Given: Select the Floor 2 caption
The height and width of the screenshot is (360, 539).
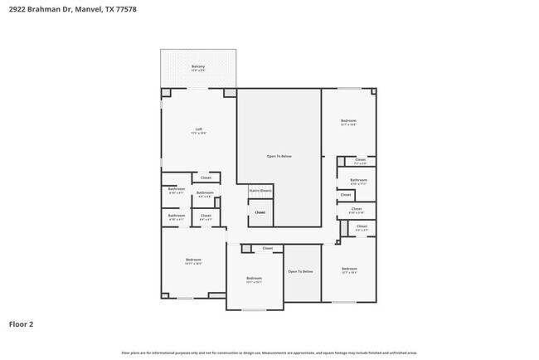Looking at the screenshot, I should tap(21, 324).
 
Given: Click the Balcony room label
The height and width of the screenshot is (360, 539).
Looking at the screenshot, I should tap(198, 66).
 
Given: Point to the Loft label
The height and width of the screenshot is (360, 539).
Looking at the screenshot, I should tap(198, 129).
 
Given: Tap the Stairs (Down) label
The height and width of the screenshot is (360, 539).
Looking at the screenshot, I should tap(260, 191).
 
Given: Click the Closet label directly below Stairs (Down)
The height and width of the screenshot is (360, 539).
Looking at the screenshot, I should tap(260, 212).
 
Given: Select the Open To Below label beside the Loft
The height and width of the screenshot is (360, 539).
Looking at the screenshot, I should tap(279, 156).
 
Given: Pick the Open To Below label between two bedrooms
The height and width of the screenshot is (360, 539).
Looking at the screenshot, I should tap(300, 271).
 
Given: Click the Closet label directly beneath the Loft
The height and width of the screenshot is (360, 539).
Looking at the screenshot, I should tap(206, 178).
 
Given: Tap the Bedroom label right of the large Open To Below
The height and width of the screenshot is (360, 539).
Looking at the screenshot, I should tap(348, 121).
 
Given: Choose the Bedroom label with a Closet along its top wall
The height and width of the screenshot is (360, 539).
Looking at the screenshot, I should tap(254, 278).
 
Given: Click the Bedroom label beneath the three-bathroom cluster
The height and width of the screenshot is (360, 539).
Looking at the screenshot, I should tap(193, 260).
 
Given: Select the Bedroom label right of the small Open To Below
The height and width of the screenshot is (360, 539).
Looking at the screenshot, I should tap(349, 268).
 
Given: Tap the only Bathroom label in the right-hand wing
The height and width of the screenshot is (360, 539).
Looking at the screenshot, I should tap(358, 180).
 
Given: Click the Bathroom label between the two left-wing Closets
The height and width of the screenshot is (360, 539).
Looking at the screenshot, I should tap(205, 193).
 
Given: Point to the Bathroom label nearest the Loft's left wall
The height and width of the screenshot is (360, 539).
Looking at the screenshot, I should tap(177, 189).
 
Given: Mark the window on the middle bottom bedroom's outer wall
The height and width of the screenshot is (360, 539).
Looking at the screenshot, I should tap(254, 309).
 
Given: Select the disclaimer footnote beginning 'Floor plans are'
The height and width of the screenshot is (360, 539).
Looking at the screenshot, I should tap(269, 353).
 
